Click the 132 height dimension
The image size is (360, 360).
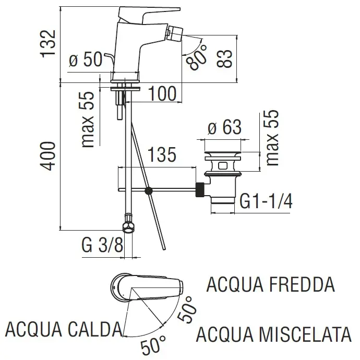pyautogui.click(x=48, y=43)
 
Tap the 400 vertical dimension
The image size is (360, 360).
pyautogui.click(x=48, y=155)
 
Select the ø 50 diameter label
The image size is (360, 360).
pyautogui.click(x=87, y=61)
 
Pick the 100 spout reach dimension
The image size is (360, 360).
pyautogui.click(x=161, y=94)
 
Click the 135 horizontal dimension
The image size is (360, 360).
pyautogui.click(x=162, y=155)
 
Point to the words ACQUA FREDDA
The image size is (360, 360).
pyautogui.click(x=270, y=285)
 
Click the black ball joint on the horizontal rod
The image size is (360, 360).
pyautogui.click(x=150, y=191)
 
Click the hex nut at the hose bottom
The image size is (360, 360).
pyautogui.click(x=126, y=226)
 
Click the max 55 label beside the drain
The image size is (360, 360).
pyautogui.click(x=272, y=138)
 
